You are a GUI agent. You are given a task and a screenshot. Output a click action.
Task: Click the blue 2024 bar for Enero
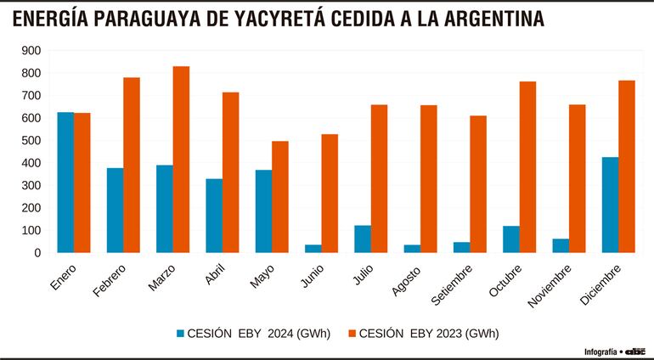click(x=65, y=182)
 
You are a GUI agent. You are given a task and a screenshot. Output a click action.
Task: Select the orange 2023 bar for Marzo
click(x=181, y=159)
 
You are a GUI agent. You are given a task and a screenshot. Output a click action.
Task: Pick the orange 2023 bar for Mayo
click(x=280, y=196)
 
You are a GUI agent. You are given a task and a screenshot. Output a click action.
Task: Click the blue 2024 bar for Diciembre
click(x=610, y=205)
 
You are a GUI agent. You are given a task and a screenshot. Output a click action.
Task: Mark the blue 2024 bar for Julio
click(x=363, y=239)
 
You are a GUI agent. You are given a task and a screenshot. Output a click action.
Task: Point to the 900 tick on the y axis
click(x=31, y=50)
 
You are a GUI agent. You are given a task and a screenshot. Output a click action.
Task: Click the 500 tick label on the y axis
click(x=31, y=140)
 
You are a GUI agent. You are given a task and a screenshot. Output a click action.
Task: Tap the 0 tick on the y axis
click(x=37, y=252)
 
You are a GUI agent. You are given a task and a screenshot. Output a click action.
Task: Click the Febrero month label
click(x=110, y=279)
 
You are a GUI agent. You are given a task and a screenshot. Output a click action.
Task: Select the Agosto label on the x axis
click(x=409, y=278)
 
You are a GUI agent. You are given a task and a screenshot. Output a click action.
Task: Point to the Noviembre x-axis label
click(x=555, y=284)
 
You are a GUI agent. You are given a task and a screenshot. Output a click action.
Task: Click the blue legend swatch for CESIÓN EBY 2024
click(x=180, y=334)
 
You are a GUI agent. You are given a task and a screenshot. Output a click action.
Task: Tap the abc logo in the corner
click(x=637, y=351)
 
